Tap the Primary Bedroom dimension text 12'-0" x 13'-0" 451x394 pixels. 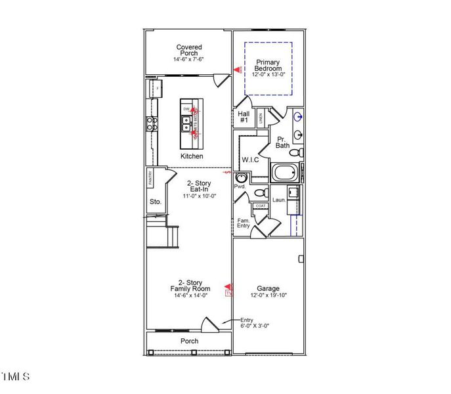click(x=268, y=75)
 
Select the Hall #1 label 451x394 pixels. click(x=243, y=117)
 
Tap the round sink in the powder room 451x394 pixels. click(x=241, y=177)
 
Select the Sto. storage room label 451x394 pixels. click(x=155, y=202)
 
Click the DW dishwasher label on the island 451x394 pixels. click(x=186, y=108)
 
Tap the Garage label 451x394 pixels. click(x=268, y=288)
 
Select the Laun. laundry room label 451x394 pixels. click(x=278, y=200)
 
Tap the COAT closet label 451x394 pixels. click(x=261, y=206)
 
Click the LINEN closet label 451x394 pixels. click(x=261, y=117)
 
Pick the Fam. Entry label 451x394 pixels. click(x=243, y=223)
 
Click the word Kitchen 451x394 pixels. click(x=192, y=156)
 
